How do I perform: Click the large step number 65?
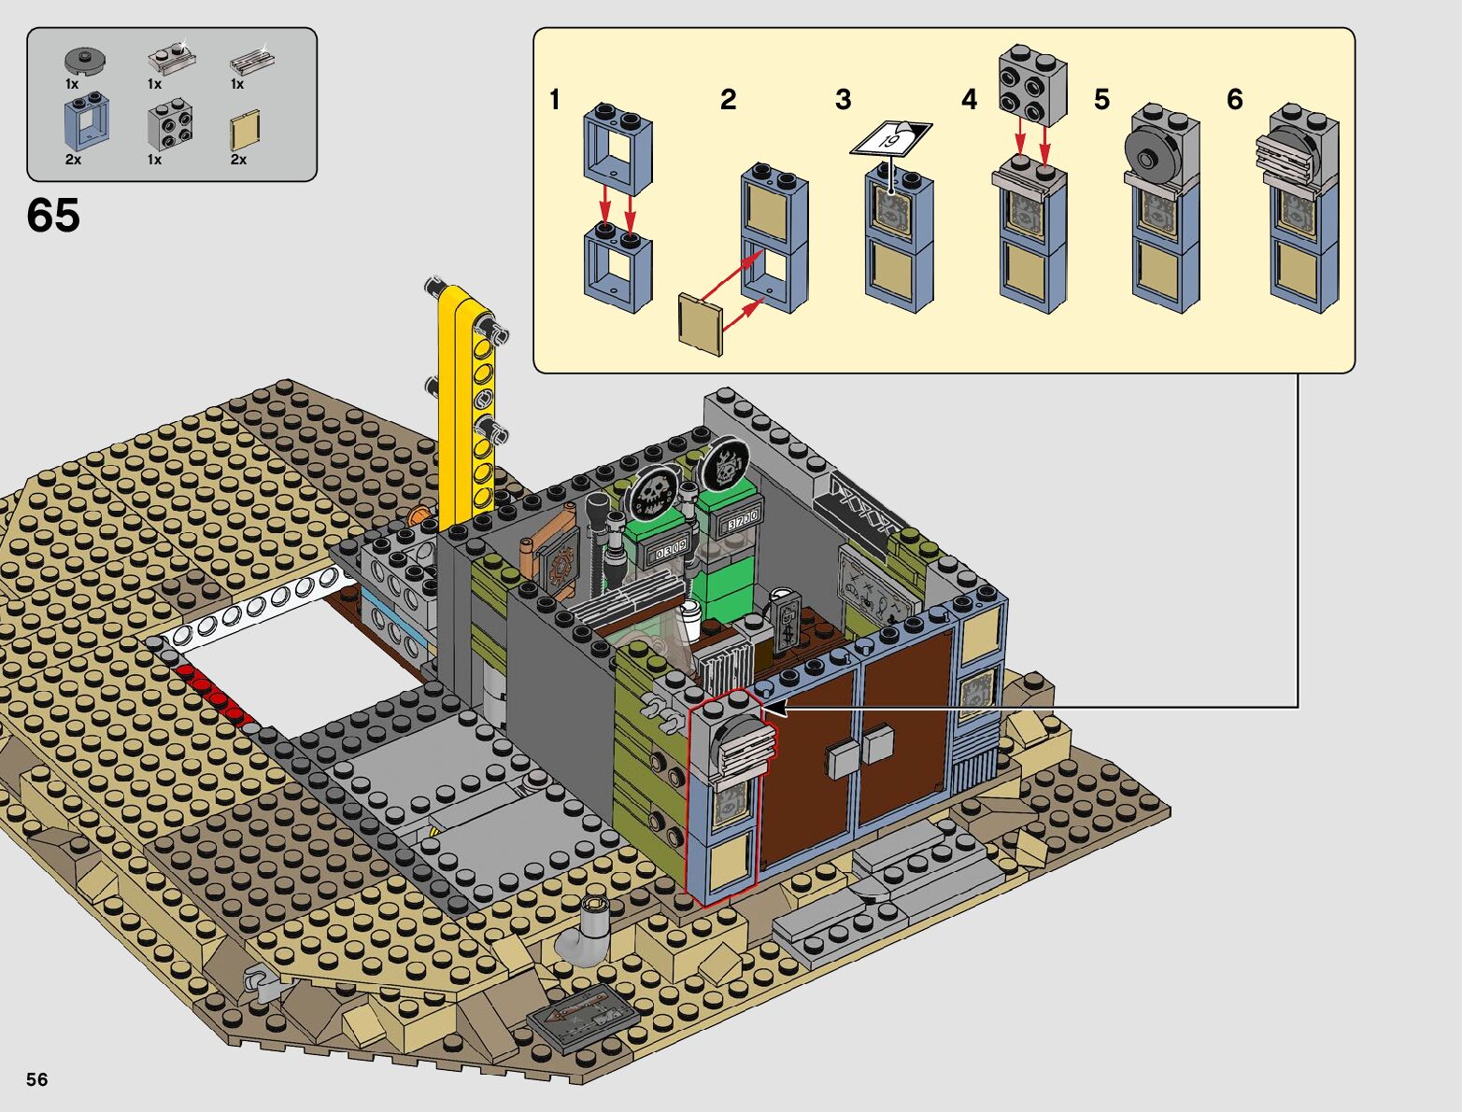pyautogui.click(x=53, y=216)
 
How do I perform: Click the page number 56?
pyautogui.click(x=37, y=1079)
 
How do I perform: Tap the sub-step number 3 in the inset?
pyautogui.click(x=844, y=100)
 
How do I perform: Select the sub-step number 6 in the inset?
pyautogui.click(x=1235, y=100)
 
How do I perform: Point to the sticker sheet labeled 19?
pyautogui.click(x=891, y=139)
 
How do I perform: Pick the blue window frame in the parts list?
pyautogui.click(x=87, y=120)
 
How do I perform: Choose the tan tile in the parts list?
pyautogui.click(x=245, y=130)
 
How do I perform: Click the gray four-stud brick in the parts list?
pyautogui.click(x=170, y=124)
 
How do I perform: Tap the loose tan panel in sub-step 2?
pyautogui.click(x=700, y=324)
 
